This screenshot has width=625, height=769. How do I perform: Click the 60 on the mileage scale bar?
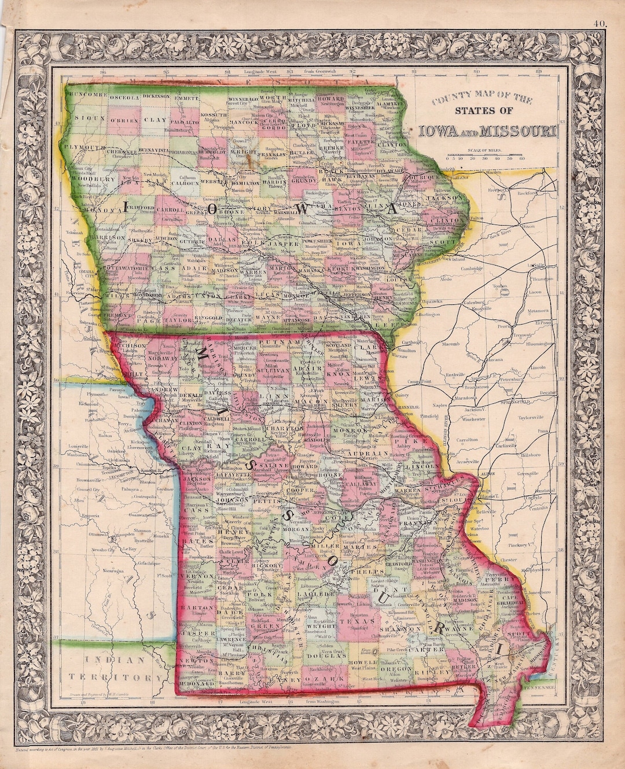click(x=522, y=157)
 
